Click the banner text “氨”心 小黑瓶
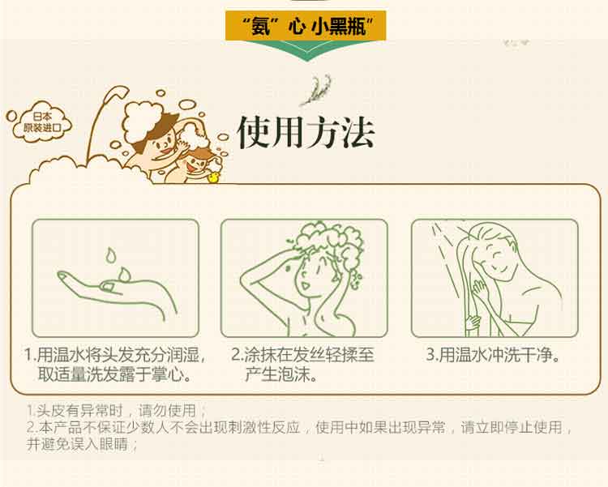[304, 23]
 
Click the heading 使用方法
[306, 133]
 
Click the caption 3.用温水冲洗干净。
[495, 356]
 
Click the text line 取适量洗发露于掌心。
[114, 375]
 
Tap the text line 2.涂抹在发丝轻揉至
[303, 356]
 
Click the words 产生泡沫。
[281, 375]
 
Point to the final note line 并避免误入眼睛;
[83, 445]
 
